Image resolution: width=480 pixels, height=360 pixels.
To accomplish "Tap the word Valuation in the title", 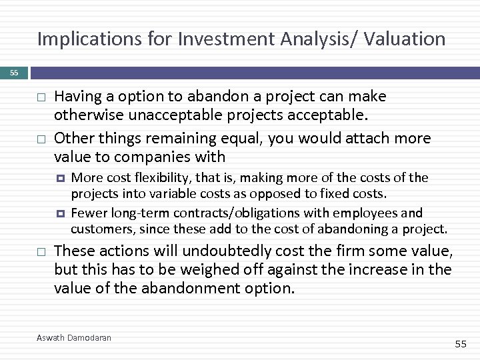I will tap(405, 39).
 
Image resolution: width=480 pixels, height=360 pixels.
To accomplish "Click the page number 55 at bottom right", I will tap(460, 343).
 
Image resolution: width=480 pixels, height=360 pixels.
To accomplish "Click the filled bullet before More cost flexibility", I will tap(60, 179).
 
